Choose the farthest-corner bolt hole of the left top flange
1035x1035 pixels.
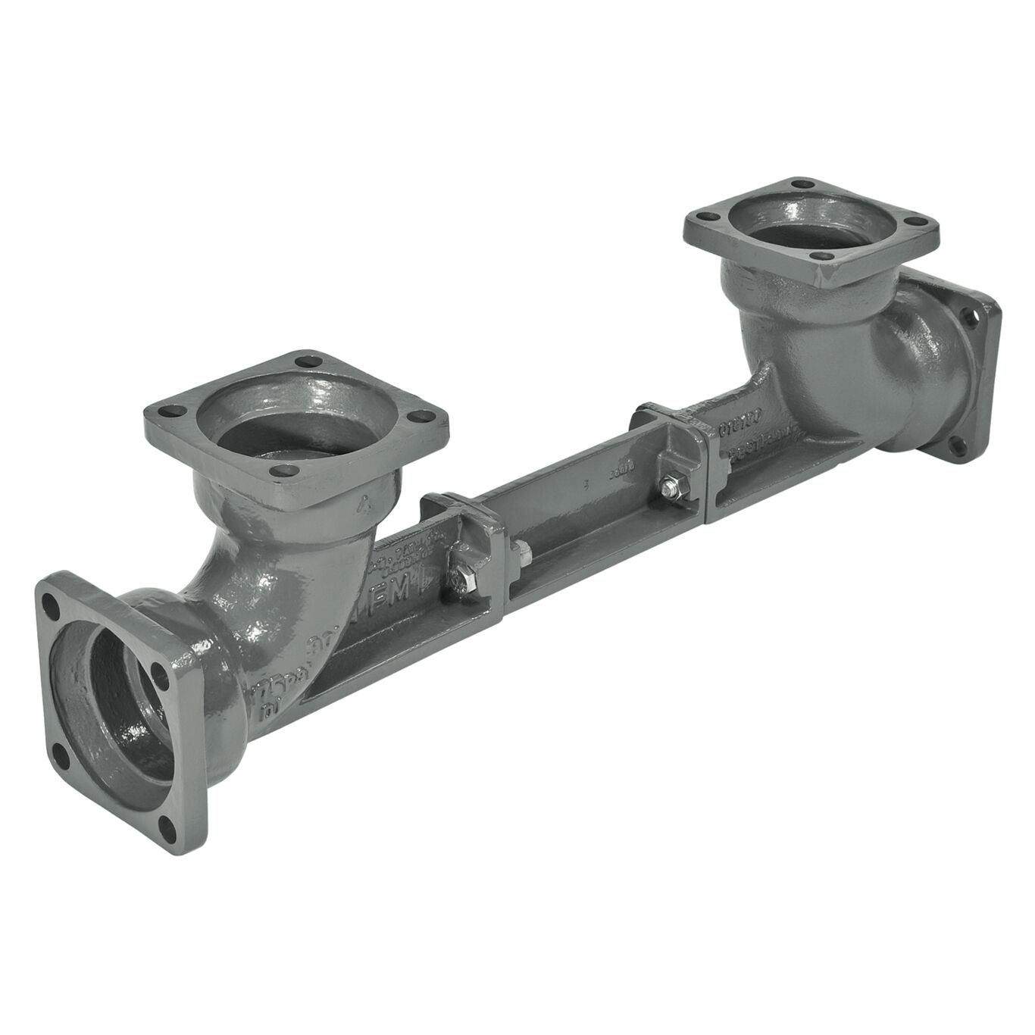pyautogui.click(x=305, y=362)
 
